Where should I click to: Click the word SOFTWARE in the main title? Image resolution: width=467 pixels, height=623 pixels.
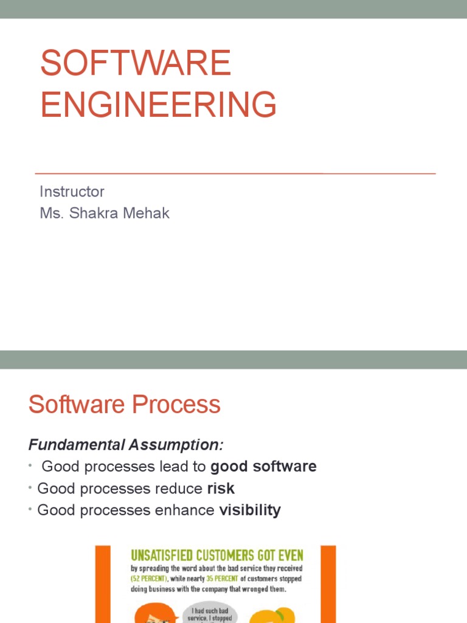coord(136,63)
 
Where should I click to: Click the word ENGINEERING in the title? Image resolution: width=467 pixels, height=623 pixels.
coord(159,104)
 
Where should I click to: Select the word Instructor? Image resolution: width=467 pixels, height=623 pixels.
coord(72,192)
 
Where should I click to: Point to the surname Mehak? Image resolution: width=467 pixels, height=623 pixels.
coord(147,214)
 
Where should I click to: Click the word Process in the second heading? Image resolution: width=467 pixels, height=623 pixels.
coord(182,405)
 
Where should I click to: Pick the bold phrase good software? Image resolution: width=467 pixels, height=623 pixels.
coord(263,467)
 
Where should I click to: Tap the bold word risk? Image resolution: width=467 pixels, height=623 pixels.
coord(221,489)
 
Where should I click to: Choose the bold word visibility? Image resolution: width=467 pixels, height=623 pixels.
coord(250,510)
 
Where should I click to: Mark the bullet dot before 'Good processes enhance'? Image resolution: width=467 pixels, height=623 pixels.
coord(31,509)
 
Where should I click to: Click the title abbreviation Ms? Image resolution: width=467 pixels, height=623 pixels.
coord(48,214)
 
